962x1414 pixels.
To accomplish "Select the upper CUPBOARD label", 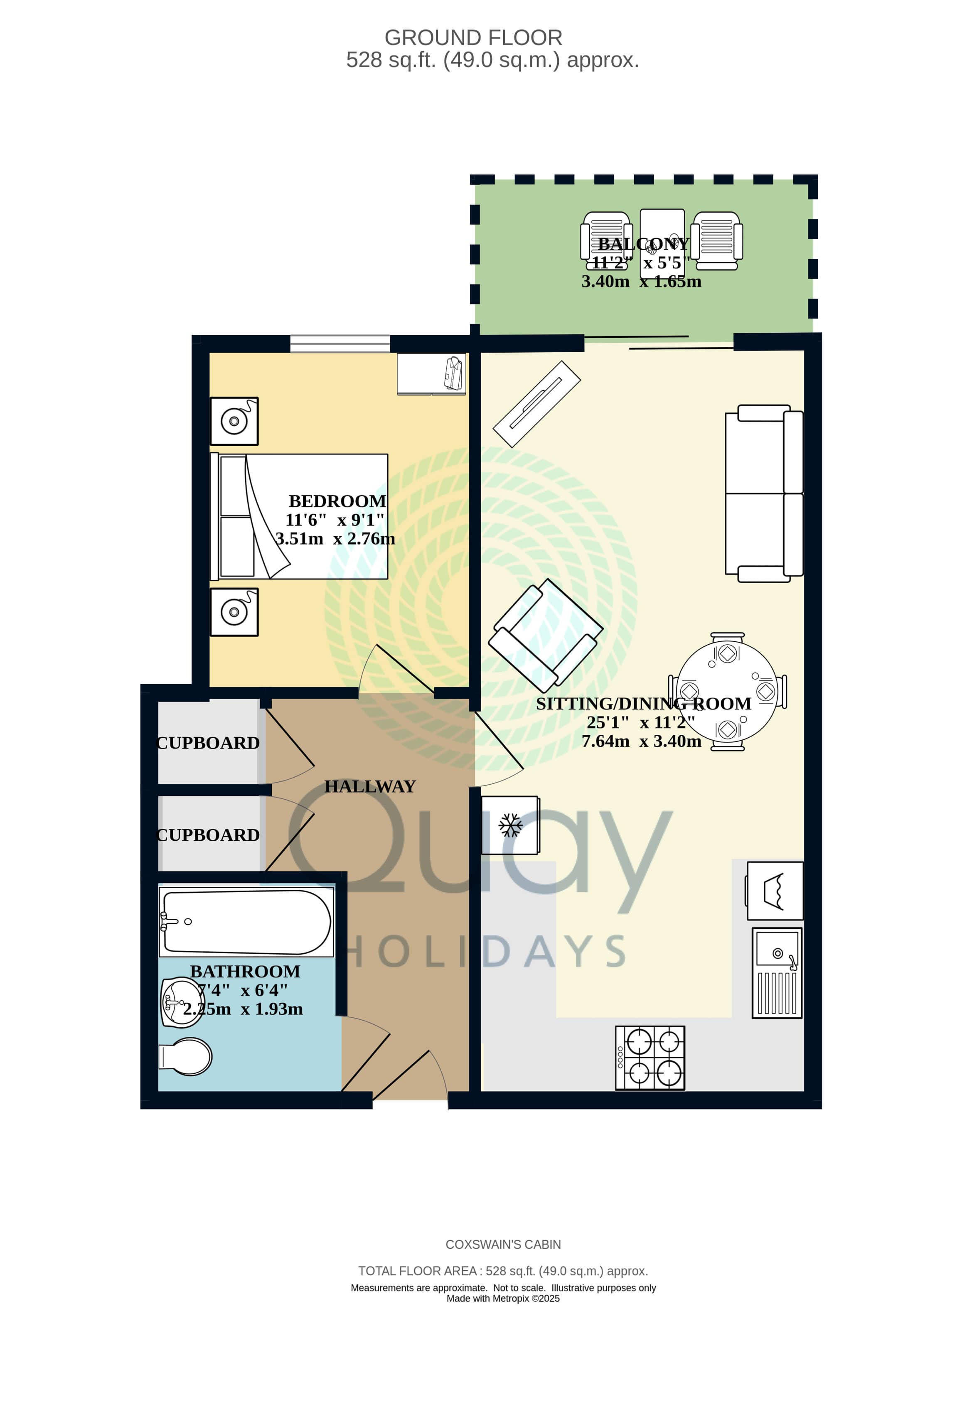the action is [208, 743].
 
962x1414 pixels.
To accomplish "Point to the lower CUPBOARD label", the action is [208, 835].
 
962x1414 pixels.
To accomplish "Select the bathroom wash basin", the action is [181, 1002].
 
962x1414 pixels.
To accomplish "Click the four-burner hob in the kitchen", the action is [650, 1058].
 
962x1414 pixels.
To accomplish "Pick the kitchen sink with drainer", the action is [777, 973].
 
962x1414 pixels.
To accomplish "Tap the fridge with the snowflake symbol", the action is [510, 825].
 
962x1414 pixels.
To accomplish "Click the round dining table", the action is [727, 692].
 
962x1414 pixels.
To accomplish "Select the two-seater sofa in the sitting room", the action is [764, 493].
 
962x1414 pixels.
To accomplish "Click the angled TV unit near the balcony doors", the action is [536, 404].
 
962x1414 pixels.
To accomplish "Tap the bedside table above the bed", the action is [234, 421].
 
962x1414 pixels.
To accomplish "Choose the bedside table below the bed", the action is [234, 612].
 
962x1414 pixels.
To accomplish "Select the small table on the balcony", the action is [663, 243].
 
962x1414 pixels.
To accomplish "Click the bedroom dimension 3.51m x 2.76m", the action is [335, 538].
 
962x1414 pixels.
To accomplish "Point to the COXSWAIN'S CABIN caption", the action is [503, 1245].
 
